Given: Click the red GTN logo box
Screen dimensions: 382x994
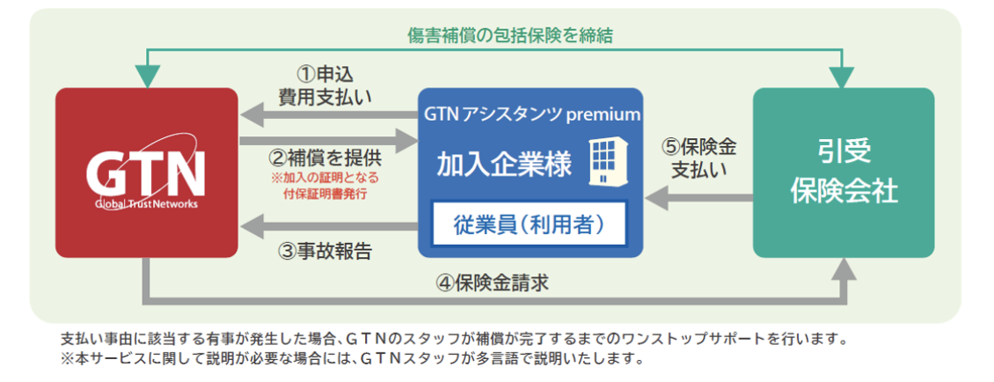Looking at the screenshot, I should tap(146, 172).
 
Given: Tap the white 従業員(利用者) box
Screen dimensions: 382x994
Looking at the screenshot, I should tap(530, 224).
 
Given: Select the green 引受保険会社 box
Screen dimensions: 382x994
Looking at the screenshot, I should tap(844, 172).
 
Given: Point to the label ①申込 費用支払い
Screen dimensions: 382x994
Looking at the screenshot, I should tap(324, 85).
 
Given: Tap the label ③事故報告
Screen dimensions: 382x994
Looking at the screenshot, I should tap(325, 251).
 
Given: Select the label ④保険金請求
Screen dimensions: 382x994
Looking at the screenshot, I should tap(493, 283).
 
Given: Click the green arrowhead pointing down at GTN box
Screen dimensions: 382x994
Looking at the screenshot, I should tap(147, 77).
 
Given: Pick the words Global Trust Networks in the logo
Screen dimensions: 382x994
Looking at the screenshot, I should tap(146, 204).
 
